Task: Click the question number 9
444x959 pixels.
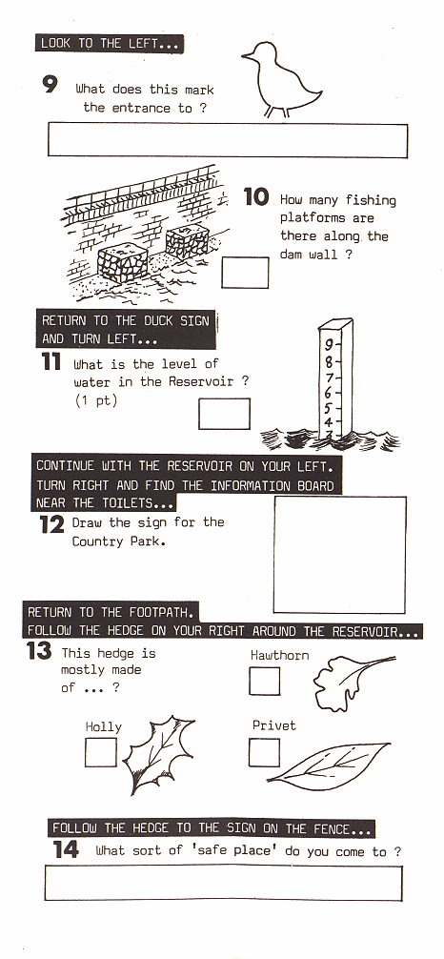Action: click(x=50, y=85)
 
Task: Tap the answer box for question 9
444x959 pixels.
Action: click(x=227, y=141)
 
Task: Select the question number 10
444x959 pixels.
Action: click(x=256, y=197)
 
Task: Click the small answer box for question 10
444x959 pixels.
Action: click(x=246, y=272)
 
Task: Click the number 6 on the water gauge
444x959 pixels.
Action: click(x=329, y=393)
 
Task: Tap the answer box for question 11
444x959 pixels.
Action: click(x=224, y=414)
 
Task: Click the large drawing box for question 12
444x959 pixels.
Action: click(x=339, y=554)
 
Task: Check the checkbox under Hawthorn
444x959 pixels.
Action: click(x=264, y=682)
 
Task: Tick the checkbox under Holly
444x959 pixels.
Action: click(x=100, y=752)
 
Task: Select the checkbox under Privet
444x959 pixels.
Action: click(x=264, y=752)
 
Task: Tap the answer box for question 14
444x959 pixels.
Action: click(x=223, y=883)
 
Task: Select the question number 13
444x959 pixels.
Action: click(x=39, y=652)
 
